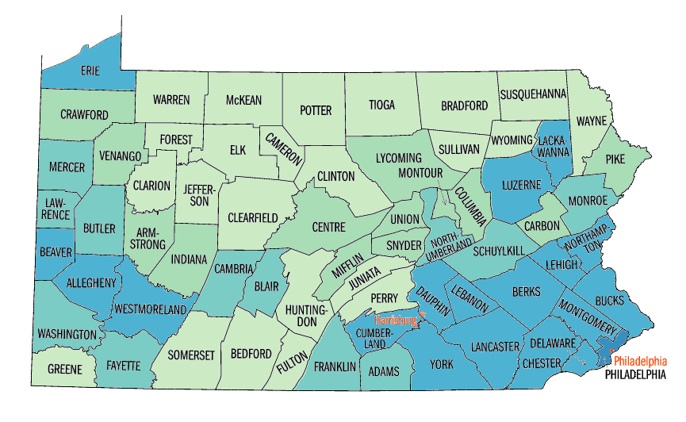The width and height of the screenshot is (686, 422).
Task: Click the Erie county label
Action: pyautogui.click(x=90, y=71)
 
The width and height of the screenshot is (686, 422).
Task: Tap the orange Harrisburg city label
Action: pyautogui.click(x=395, y=320)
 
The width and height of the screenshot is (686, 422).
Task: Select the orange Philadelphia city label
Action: pyautogui.click(x=640, y=360)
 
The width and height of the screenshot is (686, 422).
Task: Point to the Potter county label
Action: pyautogui.click(x=316, y=110)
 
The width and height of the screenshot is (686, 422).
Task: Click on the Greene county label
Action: pyautogui.click(x=64, y=370)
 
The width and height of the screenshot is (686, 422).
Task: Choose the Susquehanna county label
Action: pyautogui.click(x=533, y=94)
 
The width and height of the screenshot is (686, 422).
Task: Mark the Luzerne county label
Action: pyautogui.click(x=521, y=185)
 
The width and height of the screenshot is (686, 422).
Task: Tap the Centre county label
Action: pyautogui.click(x=328, y=227)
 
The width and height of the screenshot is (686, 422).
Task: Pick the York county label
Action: pyautogui.click(x=441, y=364)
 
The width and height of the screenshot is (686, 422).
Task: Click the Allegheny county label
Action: pyautogui.click(x=91, y=282)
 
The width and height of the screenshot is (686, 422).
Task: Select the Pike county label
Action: pyautogui.click(x=615, y=159)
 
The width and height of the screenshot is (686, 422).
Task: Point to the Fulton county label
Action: pyautogui.click(x=292, y=366)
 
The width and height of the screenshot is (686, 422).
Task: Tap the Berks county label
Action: pyautogui.click(x=526, y=292)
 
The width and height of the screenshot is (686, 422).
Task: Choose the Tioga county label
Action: pyautogui.click(x=381, y=105)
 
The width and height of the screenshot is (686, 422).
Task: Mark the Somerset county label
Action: pyautogui.click(x=191, y=355)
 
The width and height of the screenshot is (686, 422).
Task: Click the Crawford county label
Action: pyautogui.click(x=84, y=115)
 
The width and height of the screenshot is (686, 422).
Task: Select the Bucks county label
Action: pyautogui.click(x=609, y=301)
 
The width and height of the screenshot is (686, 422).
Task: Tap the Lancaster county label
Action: pyautogui.click(x=494, y=347)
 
